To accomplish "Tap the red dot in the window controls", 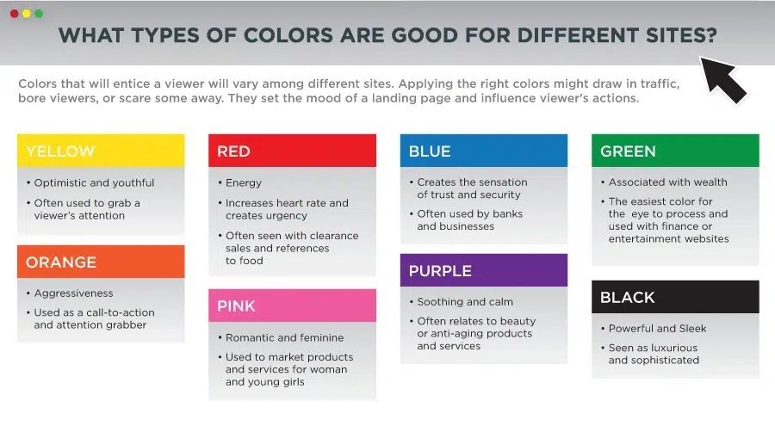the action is [x=15, y=14].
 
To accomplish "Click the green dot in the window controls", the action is [x=39, y=14].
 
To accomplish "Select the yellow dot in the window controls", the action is [x=27, y=14].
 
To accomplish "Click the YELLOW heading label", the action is [x=60, y=151].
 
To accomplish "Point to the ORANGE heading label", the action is [x=61, y=262].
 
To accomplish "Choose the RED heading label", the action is [x=233, y=151].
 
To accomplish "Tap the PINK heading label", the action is [x=236, y=306].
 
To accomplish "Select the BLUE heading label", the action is [x=430, y=151].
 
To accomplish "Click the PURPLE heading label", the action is [x=440, y=271].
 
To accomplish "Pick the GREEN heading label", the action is [x=628, y=151].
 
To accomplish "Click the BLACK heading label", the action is [x=627, y=298].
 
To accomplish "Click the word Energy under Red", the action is [x=244, y=182].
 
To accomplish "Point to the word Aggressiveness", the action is [x=74, y=293].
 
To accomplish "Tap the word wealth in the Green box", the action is [x=710, y=182].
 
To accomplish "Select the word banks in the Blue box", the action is [x=507, y=213].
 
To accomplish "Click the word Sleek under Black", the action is [x=692, y=328].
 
